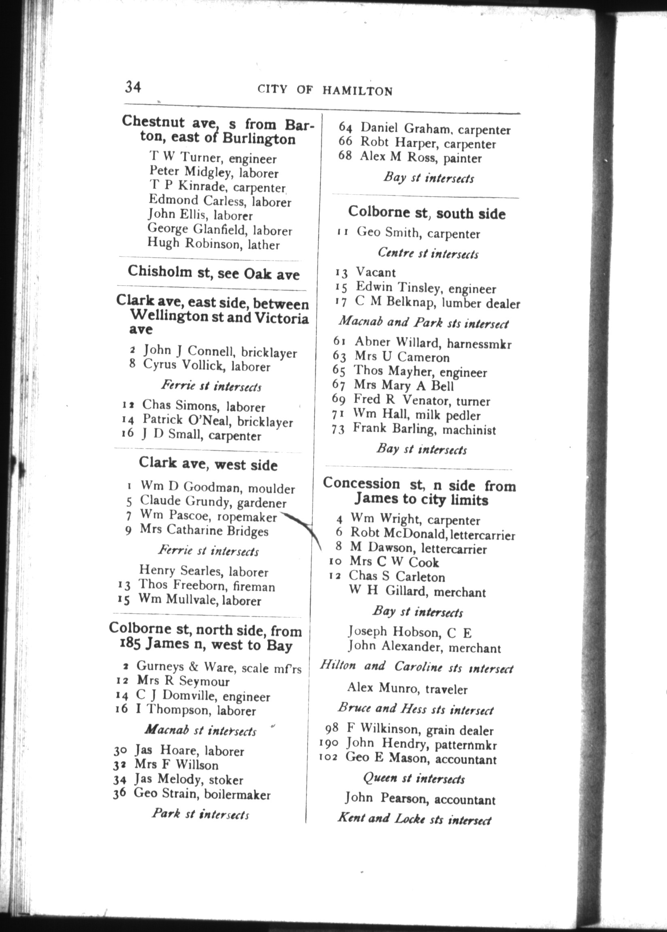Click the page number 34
pyautogui.click(x=133, y=87)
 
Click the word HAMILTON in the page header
pyautogui.click(x=357, y=91)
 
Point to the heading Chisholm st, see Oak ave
pyautogui.click(x=214, y=273)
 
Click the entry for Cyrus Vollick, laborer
pyautogui.click(x=206, y=365)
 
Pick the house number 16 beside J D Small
pyautogui.click(x=128, y=433)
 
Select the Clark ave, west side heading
pyautogui.click(x=208, y=464)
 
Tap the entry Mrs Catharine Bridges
pyautogui.click(x=204, y=531)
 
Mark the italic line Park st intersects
pyautogui.click(x=200, y=813)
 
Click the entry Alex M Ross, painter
pyautogui.click(x=421, y=158)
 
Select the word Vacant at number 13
pyautogui.click(x=376, y=273)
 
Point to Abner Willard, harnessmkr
pyautogui.click(x=433, y=343)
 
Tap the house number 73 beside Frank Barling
pyautogui.click(x=338, y=430)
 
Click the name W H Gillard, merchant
pyautogui.click(x=417, y=592)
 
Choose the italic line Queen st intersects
pyautogui.click(x=414, y=779)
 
